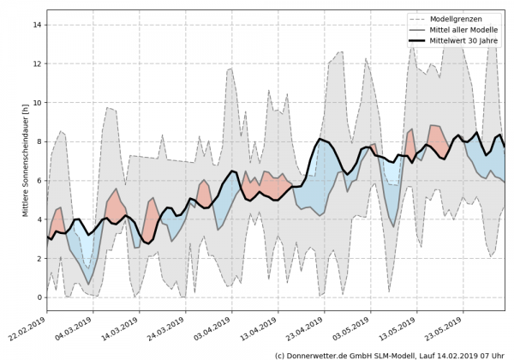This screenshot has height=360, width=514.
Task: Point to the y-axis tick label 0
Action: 38,297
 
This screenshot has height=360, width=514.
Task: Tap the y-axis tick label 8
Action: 38,141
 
